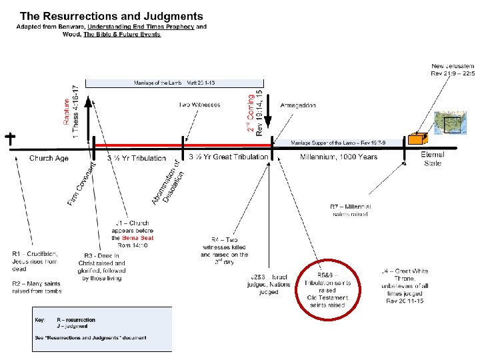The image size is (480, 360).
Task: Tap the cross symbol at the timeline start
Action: (x=10, y=138)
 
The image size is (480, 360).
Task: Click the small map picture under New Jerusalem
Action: (x=451, y=123)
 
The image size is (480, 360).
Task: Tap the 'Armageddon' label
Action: (x=297, y=105)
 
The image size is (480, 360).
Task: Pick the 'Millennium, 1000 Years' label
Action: (x=338, y=157)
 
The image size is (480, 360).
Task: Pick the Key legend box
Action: (x=101, y=328)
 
